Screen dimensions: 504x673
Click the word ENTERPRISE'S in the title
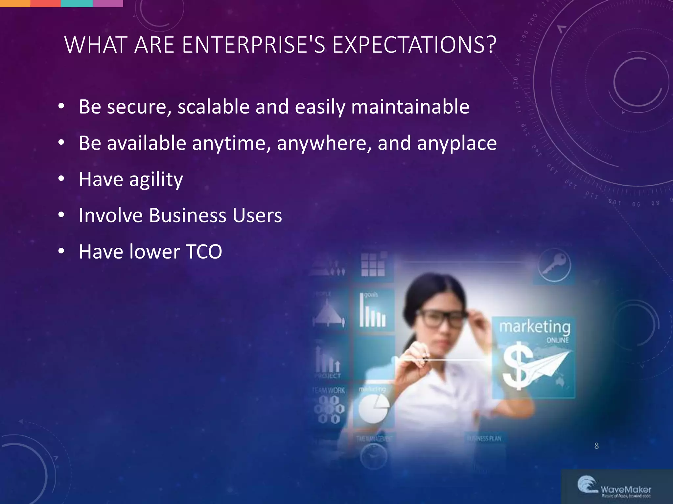253,45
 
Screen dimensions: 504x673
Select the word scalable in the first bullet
214,107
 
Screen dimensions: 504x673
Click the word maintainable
410,107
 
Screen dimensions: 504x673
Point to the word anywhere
324,143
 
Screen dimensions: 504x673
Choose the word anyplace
457,143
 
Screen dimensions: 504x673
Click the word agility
156,180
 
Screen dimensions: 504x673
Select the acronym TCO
204,252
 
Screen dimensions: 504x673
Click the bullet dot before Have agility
61,179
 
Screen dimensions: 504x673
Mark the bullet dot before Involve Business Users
61,215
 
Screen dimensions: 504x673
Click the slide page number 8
596,446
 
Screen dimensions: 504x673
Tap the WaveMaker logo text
626,490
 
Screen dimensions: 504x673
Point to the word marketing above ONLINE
535,327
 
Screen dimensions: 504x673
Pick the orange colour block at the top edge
15,3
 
